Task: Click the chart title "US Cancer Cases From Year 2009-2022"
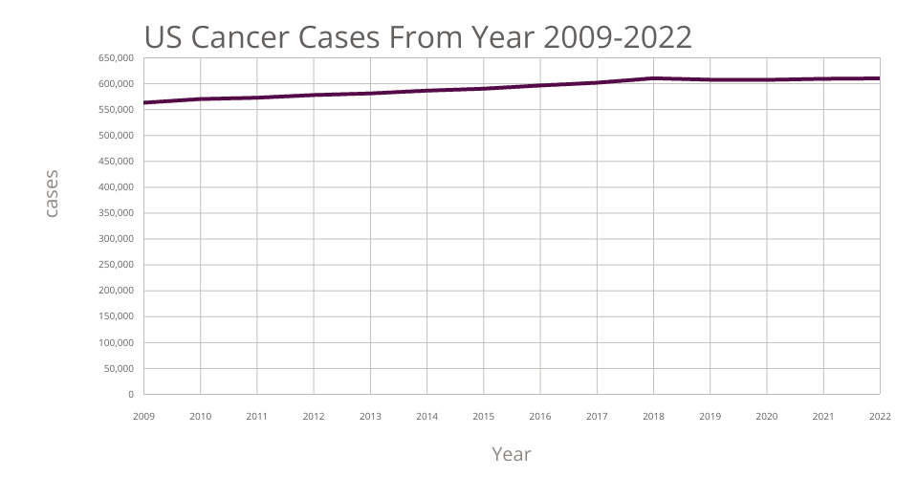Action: (x=418, y=35)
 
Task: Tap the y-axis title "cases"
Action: (x=52, y=193)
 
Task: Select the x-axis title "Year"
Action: (x=511, y=453)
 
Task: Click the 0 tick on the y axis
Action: (x=130, y=394)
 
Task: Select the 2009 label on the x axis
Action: (x=144, y=417)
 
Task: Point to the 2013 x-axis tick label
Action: (x=370, y=417)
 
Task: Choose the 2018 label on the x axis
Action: (x=653, y=417)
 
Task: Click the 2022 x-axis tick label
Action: (x=880, y=417)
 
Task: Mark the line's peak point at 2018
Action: (x=653, y=78)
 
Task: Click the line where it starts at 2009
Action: (x=144, y=102)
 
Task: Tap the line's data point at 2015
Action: (x=484, y=89)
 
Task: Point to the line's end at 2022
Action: (x=879, y=78)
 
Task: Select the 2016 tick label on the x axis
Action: (x=540, y=417)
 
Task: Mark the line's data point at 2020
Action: (x=767, y=79)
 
